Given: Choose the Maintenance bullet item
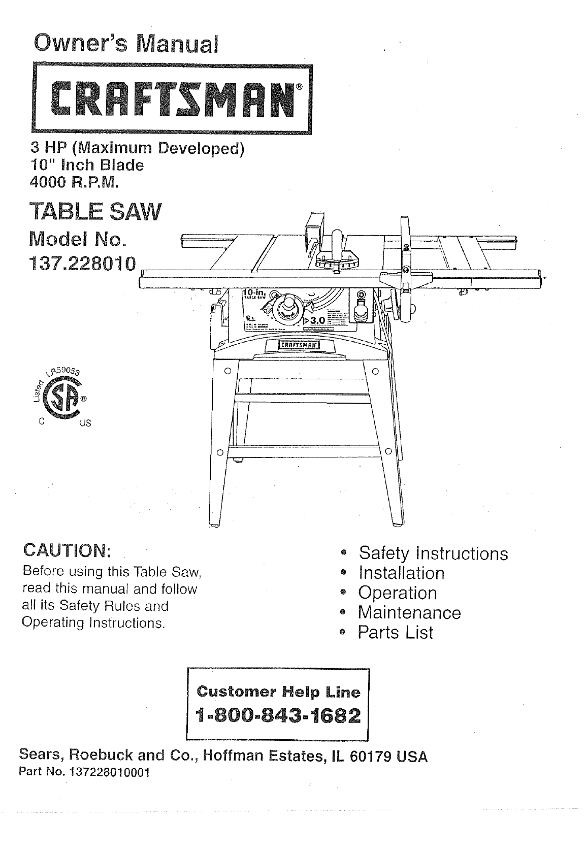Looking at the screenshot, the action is (x=409, y=612).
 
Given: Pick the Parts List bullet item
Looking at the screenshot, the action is (x=396, y=632).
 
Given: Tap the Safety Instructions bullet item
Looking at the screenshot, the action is (x=433, y=553).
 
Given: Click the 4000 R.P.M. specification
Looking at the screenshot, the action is (x=75, y=181).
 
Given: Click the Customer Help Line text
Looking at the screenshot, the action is (x=278, y=691).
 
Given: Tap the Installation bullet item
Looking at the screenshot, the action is (x=401, y=573).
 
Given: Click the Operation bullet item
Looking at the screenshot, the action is (x=397, y=593).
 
